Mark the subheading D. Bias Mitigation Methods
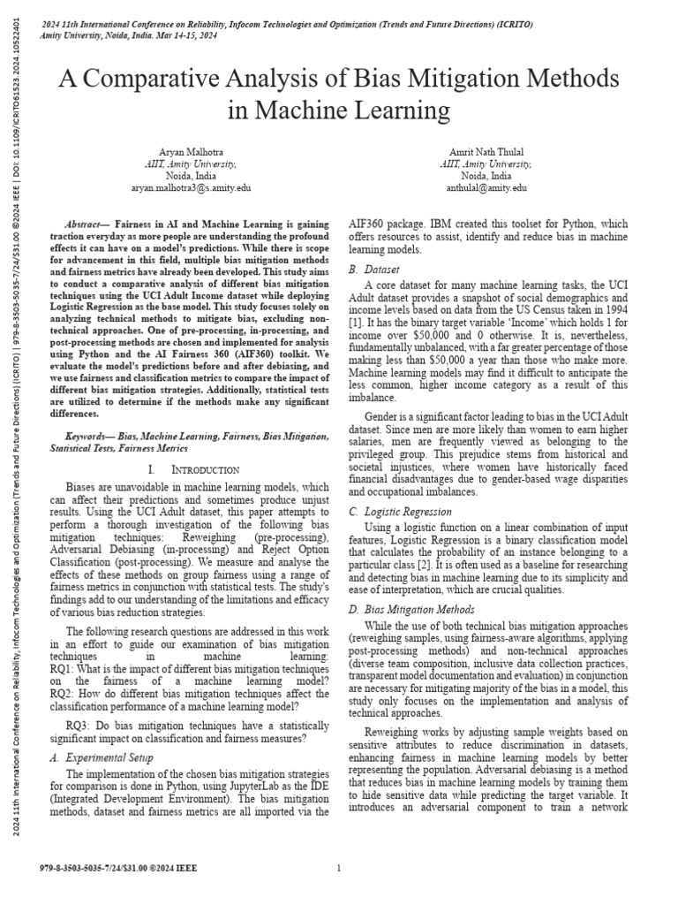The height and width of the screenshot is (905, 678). coord(411,609)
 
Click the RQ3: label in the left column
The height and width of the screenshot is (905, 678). coord(82,724)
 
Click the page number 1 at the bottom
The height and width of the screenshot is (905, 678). coord(339,869)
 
